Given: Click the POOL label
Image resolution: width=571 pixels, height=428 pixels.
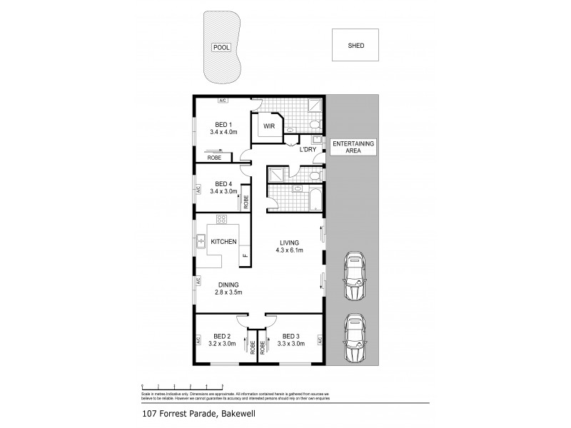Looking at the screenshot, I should [x=221, y=48].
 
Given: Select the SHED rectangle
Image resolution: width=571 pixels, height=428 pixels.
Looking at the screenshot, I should [x=355, y=45].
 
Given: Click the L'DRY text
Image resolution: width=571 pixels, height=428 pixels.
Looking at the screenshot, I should [x=308, y=149].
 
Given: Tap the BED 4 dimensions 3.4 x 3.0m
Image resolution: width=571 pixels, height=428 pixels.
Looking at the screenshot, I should [x=223, y=191].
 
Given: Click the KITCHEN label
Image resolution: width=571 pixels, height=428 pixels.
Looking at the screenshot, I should [x=223, y=242].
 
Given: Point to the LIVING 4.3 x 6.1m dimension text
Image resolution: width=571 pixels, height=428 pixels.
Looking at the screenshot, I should [x=289, y=250].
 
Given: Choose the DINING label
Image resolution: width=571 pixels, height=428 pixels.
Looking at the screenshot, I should [x=228, y=285].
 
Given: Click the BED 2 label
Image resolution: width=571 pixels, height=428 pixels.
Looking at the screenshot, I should [x=223, y=336].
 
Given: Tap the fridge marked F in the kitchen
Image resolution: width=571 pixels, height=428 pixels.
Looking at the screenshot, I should [x=245, y=255].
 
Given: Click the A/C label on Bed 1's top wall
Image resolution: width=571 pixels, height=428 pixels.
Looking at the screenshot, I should [x=223, y=100].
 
